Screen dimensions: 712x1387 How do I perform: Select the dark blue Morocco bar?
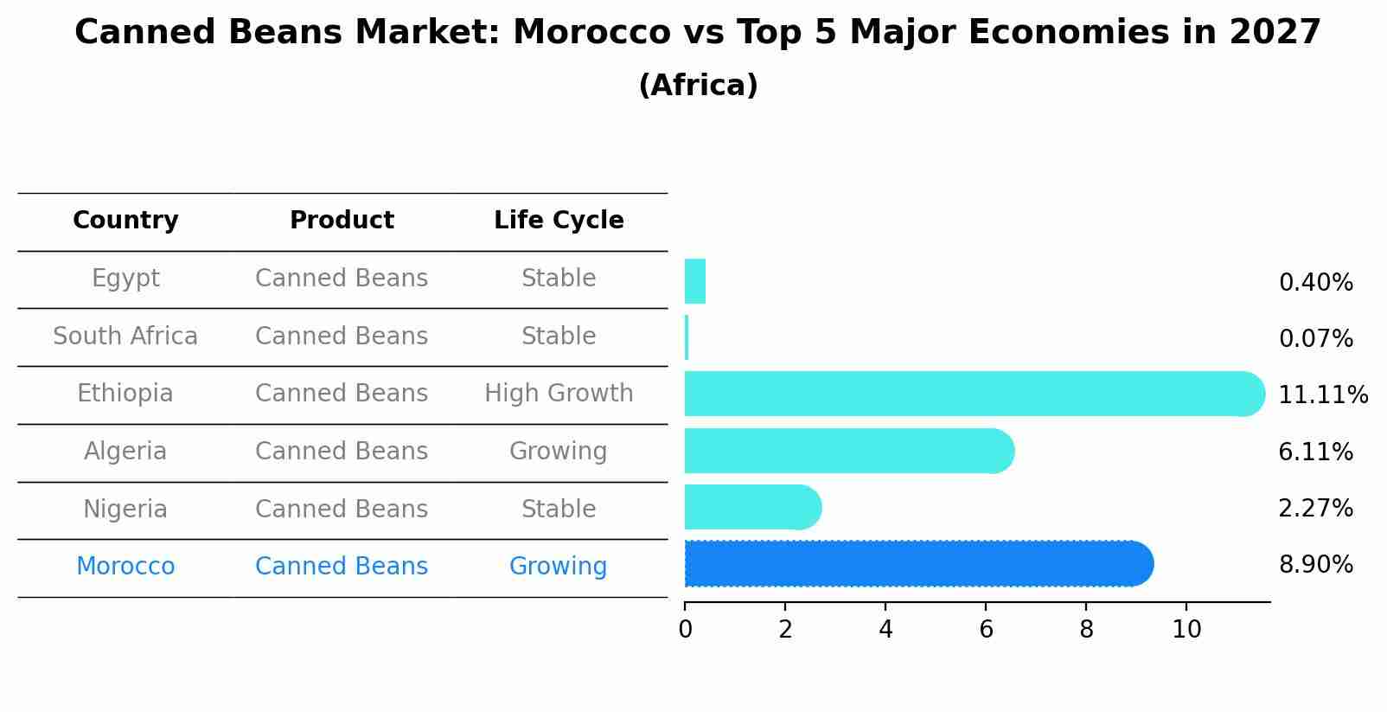(917, 563)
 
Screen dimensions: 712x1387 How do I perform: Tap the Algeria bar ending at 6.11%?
(847, 451)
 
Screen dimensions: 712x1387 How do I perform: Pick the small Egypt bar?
(695, 281)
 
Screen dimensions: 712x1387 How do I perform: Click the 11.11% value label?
(1322, 395)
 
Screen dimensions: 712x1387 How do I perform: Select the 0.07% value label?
(1315, 339)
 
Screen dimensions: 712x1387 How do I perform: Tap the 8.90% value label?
(1315, 565)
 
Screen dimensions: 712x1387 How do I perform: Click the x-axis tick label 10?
(1186, 630)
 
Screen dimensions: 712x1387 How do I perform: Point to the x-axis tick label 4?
(885, 630)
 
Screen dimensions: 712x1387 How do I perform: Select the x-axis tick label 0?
(685, 630)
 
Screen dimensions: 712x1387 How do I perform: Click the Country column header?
(125, 221)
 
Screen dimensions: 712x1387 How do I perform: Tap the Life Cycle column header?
(559, 221)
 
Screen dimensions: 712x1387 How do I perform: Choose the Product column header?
(342, 221)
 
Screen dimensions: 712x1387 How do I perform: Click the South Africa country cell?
(125, 336)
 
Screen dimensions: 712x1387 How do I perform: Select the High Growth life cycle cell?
(559, 394)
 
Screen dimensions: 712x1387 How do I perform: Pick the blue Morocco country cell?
(125, 567)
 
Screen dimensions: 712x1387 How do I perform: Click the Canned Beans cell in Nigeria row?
(342, 509)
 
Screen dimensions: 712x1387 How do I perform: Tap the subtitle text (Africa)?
(698, 86)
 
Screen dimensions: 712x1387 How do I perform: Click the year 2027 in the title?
(1275, 33)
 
